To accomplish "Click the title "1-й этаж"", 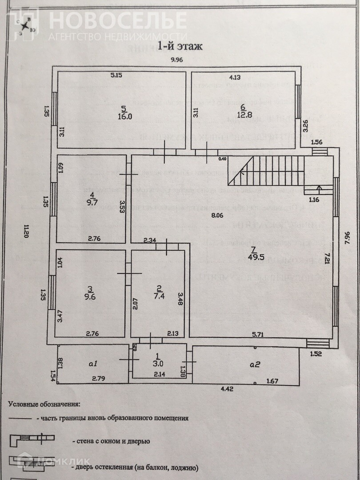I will [180, 45].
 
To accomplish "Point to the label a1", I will [92, 364].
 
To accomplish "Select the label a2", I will [255, 364].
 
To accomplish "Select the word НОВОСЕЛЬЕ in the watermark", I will [117, 20].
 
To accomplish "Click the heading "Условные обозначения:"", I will [44, 404].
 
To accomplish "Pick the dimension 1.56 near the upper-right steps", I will [316, 142].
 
